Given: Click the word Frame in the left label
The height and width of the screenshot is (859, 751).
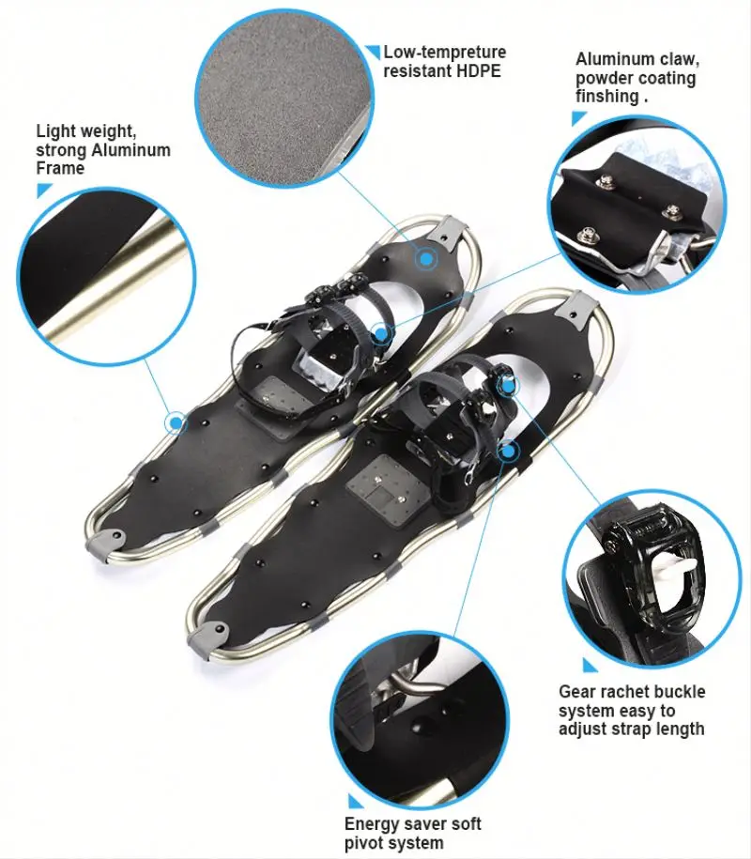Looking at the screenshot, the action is (x=60, y=168).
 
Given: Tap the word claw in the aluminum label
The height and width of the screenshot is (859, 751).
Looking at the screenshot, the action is (x=676, y=59).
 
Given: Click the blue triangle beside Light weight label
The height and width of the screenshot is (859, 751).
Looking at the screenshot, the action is (x=43, y=191).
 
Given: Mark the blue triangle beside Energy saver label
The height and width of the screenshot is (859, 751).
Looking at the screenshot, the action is (x=355, y=802).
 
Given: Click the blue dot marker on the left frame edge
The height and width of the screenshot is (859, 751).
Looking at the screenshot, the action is (x=175, y=423).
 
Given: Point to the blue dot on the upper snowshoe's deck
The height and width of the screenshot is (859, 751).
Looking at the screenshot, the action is (x=426, y=257).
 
